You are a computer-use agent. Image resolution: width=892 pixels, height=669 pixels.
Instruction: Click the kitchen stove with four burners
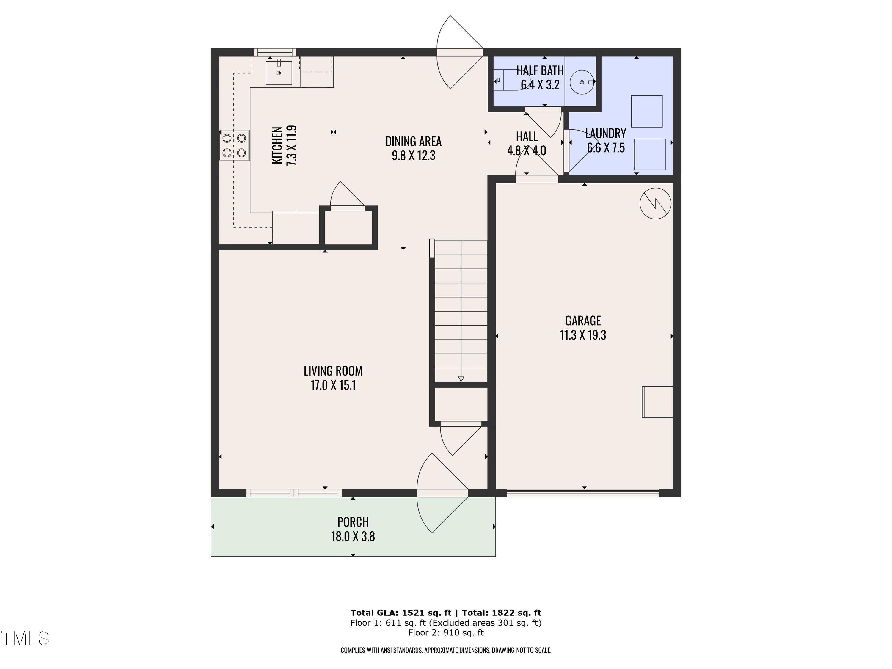[234, 146]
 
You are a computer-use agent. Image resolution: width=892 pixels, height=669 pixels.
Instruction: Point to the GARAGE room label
[583, 321]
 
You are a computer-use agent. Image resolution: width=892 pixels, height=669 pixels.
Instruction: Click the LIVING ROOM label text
[333, 370]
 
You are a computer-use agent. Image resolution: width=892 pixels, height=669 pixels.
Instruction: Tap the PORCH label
[353, 522]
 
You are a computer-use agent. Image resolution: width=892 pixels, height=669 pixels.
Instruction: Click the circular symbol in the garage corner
[655, 203]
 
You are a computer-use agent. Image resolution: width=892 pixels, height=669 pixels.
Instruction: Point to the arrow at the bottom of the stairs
[461, 378]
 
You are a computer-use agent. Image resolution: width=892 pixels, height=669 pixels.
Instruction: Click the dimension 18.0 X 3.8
[353, 537]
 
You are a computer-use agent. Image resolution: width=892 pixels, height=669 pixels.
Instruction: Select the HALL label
[527, 136]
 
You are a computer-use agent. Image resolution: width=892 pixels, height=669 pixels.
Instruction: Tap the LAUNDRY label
[605, 134]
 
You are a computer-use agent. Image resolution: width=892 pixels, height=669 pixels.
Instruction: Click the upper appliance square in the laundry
[646, 111]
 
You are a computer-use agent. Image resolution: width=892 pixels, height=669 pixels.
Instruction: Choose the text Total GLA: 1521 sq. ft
[401, 613]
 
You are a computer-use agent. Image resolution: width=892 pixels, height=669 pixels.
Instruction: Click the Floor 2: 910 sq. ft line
[446, 632]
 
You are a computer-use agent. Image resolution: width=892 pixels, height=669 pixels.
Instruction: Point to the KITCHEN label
[277, 145]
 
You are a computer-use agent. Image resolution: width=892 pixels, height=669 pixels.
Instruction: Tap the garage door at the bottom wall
[583, 492]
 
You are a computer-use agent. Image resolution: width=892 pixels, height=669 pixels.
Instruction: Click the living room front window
[294, 493]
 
